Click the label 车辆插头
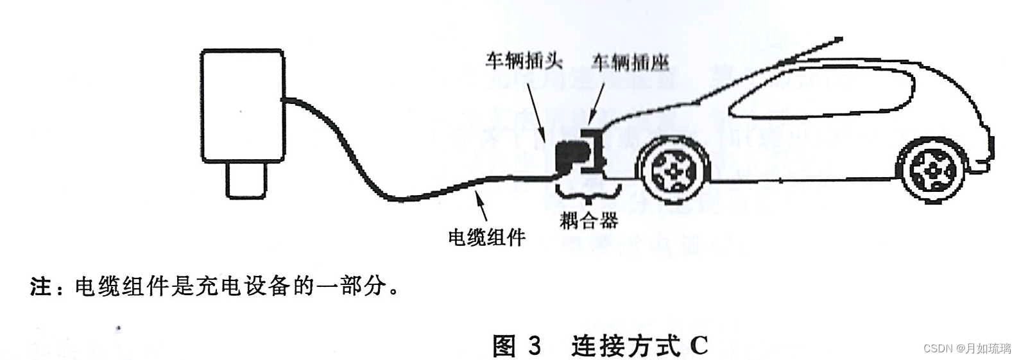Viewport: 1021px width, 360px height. click(x=523, y=61)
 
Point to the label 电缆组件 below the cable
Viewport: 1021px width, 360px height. click(x=486, y=237)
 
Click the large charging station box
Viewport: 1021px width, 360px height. click(x=243, y=105)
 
